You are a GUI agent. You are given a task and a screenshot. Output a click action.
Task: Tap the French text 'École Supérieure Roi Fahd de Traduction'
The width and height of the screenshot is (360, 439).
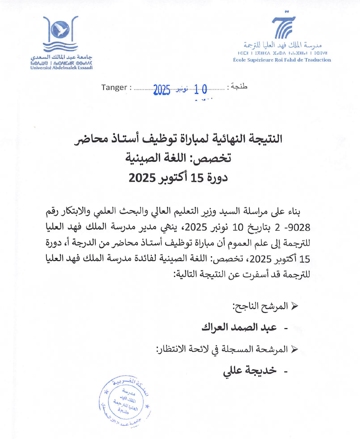282,60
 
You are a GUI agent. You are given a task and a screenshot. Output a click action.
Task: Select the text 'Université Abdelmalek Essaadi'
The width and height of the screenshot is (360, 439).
61,67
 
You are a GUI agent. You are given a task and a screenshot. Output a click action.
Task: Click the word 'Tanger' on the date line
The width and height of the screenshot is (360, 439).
115,88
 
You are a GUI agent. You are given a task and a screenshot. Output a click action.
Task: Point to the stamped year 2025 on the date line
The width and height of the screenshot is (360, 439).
161,89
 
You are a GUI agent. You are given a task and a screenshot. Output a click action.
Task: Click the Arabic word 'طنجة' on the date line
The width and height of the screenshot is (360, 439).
238,87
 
